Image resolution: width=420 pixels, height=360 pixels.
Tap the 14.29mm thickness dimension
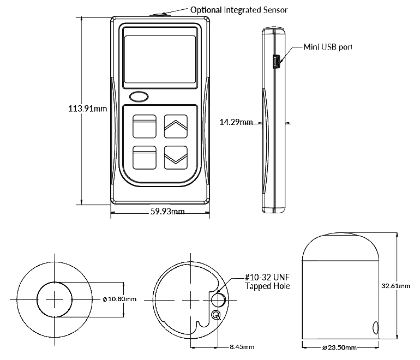[x=236, y=122]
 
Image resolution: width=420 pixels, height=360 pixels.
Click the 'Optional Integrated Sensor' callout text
[x=238, y=10]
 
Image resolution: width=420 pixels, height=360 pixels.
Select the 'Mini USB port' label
[x=328, y=47]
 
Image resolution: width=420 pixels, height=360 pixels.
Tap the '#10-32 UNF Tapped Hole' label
[x=267, y=282]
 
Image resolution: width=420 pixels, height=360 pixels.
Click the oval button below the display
[x=139, y=97]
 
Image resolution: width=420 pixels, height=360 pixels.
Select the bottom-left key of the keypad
[x=143, y=158]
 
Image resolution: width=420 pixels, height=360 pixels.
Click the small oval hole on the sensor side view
[x=375, y=327]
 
